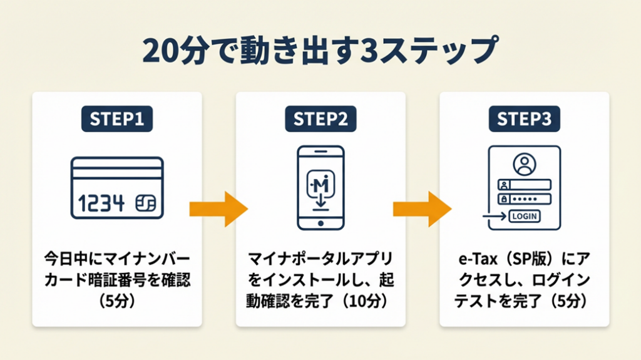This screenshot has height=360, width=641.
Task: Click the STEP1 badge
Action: (x=117, y=120)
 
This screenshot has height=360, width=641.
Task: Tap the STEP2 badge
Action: (x=320, y=120)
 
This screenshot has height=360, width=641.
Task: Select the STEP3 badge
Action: (x=524, y=120)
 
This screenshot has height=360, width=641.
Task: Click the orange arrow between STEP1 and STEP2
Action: (x=218, y=208)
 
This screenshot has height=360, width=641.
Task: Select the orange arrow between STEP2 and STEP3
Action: (x=422, y=208)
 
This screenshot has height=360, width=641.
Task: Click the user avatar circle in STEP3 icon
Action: (x=524, y=165)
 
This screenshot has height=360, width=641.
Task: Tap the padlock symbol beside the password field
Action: (x=503, y=199)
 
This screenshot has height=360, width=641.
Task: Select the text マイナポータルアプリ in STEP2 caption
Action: (x=320, y=259)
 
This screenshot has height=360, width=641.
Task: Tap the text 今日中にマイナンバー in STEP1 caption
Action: (x=117, y=259)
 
